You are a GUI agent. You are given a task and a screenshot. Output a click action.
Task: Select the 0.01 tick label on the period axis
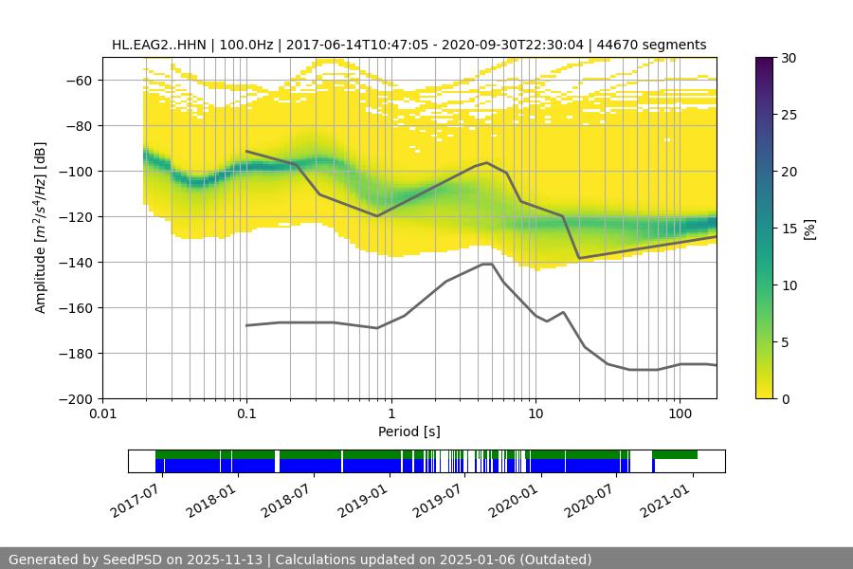click(x=102, y=413)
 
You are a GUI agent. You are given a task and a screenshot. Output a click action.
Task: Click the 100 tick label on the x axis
click(x=680, y=413)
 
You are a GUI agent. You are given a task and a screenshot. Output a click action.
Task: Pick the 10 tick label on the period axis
click(x=535, y=413)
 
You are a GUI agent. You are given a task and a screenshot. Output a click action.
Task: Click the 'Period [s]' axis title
click(x=409, y=431)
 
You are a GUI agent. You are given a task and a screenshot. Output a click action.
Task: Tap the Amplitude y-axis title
click(x=40, y=228)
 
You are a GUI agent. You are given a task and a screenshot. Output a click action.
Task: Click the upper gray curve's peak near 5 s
click(x=486, y=162)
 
